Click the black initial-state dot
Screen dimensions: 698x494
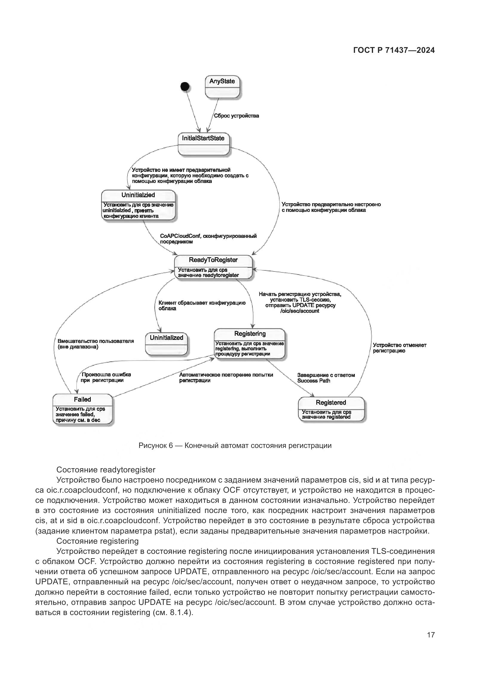[x=185, y=87]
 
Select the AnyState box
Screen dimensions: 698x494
[x=223, y=87]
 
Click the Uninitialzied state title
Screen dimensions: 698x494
[x=138, y=195]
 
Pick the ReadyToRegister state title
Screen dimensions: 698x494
[x=213, y=260]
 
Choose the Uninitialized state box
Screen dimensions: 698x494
[x=166, y=343]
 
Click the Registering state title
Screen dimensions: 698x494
[x=250, y=334]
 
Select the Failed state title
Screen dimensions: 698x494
[x=82, y=400]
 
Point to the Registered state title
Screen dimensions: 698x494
[x=331, y=403]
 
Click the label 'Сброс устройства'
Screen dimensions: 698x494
[x=236, y=116]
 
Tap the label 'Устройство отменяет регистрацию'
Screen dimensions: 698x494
[x=399, y=348]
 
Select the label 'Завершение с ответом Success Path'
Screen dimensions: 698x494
[x=326, y=378]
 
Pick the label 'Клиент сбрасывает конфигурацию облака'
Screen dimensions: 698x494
[x=202, y=306]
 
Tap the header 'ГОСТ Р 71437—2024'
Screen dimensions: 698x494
[x=394, y=50]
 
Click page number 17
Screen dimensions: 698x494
[x=431, y=635]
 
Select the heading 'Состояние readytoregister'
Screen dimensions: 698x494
[x=106, y=470]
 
